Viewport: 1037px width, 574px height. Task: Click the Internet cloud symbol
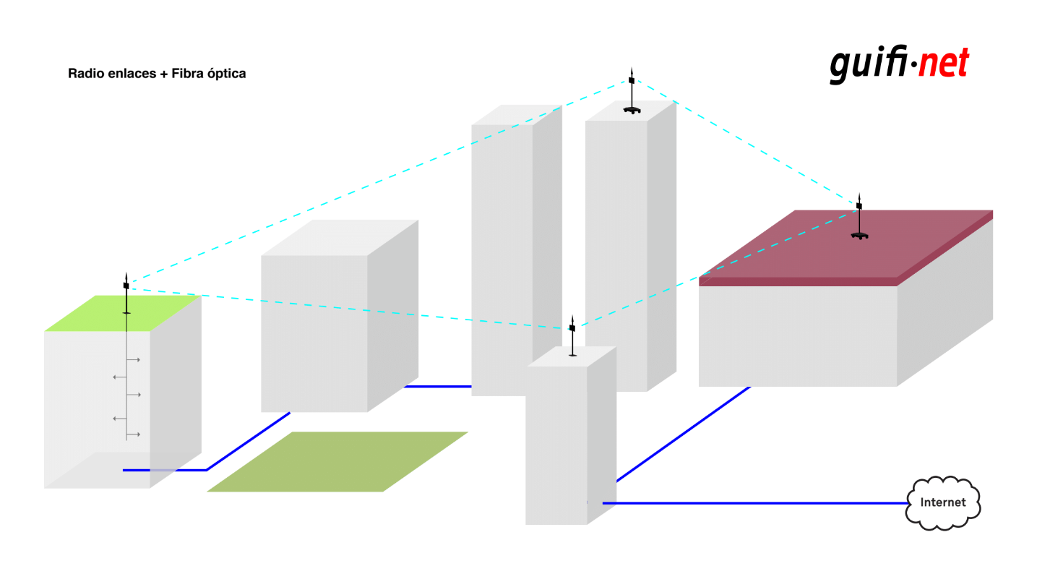pyautogui.click(x=942, y=502)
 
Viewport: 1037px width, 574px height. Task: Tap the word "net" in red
pyautogui.click(x=944, y=63)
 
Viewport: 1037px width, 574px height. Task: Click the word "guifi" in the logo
pyautogui.click(x=869, y=64)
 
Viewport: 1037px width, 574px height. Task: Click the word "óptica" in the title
pyautogui.click(x=226, y=74)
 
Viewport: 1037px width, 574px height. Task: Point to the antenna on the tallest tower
pyautogui.click(x=632, y=91)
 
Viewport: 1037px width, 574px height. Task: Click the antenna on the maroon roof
pyautogui.click(x=859, y=216)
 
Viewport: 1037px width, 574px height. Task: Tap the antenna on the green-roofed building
pyautogui.click(x=126, y=294)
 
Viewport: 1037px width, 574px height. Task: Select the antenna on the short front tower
pyautogui.click(x=572, y=336)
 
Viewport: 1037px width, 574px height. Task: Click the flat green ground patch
pyautogui.click(x=337, y=461)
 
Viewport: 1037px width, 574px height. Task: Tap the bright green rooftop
pyautogui.click(x=123, y=313)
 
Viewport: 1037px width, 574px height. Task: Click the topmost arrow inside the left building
pyautogui.click(x=133, y=359)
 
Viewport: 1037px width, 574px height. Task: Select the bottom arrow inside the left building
pyautogui.click(x=133, y=434)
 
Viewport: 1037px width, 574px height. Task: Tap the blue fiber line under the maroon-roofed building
pyautogui.click(x=684, y=434)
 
